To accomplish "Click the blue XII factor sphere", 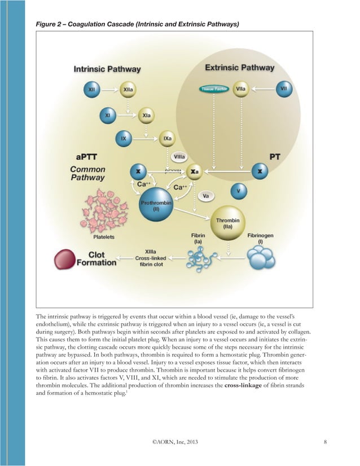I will pyautogui.click(x=92, y=89).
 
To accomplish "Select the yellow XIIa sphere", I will pyautogui.click(x=128, y=89).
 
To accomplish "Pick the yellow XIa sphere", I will pyautogui.click(x=146, y=115).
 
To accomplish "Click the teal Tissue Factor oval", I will pyautogui.click(x=214, y=89).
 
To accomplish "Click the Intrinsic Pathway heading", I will pyautogui.click(x=107, y=69).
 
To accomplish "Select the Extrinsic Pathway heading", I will pyautogui.click(x=239, y=68).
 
